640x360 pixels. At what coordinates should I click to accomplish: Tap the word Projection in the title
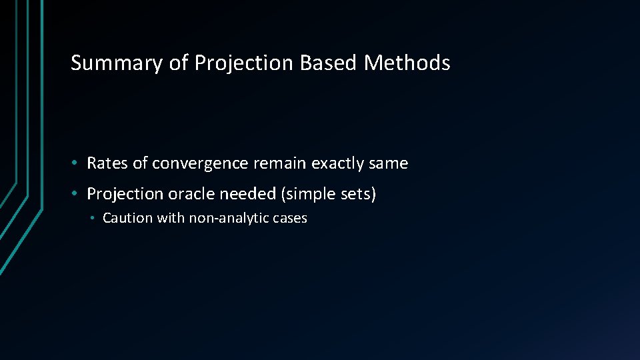245,63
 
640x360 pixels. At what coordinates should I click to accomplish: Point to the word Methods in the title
407,63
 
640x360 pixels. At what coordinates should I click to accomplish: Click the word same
391,163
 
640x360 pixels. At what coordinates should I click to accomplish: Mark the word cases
289,218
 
